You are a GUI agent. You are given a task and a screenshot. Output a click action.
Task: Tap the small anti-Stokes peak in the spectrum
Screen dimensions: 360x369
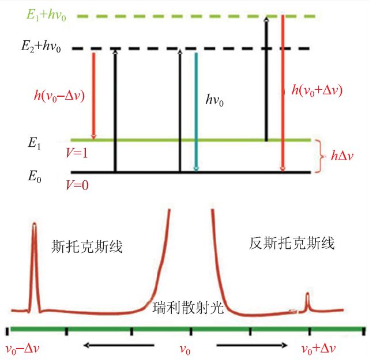tap(307, 301)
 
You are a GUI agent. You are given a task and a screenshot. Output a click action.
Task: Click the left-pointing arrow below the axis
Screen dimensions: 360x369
tap(118, 346)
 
